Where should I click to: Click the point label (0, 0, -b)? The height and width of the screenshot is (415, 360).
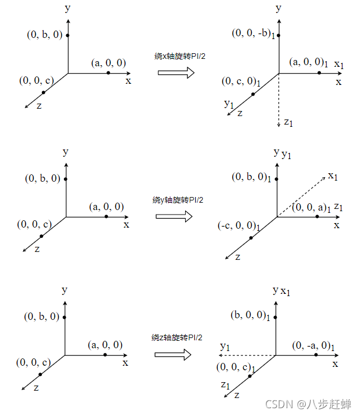[253, 33]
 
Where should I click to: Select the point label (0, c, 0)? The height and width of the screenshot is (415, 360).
[241, 82]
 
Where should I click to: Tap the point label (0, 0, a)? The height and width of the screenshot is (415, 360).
[311, 208]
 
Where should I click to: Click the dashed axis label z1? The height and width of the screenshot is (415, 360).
[289, 121]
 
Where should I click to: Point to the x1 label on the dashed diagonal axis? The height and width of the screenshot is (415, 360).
[333, 176]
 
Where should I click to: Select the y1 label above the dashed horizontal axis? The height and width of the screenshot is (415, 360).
[225, 345]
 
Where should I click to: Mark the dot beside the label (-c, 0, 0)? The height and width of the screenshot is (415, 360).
[251, 237]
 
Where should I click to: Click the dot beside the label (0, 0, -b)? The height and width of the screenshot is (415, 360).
[278, 35]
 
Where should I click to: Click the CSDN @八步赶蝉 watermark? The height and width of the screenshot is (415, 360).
[309, 404]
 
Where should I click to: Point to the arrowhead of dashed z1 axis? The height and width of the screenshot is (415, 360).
[278, 125]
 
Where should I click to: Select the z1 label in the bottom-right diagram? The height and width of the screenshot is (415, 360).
[225, 384]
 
